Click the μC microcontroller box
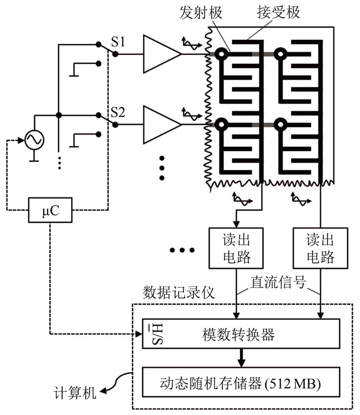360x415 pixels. pos(50,210)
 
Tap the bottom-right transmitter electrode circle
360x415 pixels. pos(280,125)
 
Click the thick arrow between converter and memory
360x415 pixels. pos(239,358)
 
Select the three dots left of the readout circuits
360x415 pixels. pos(182,250)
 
